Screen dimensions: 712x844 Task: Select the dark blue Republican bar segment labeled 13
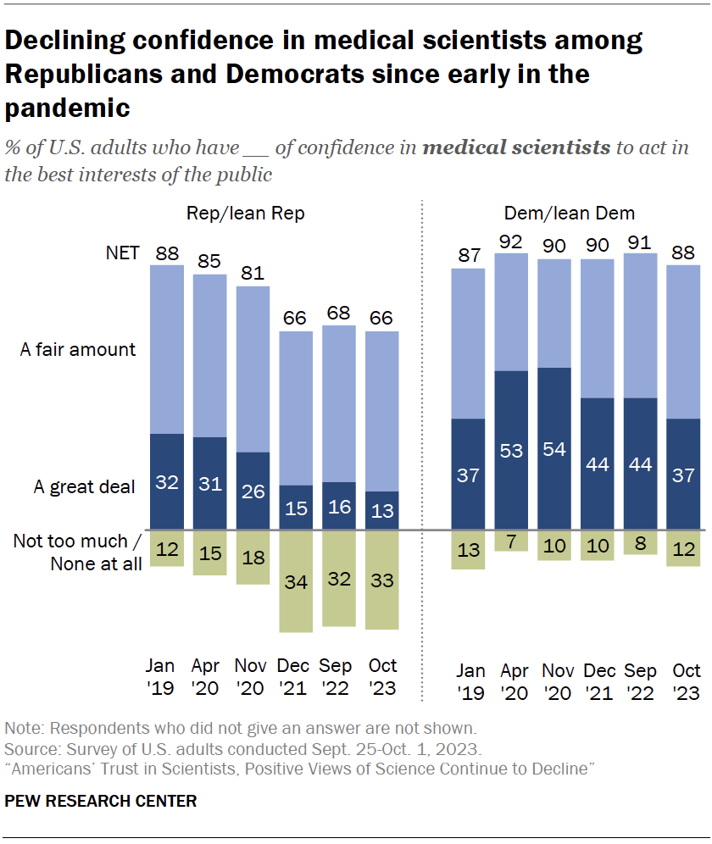point(381,510)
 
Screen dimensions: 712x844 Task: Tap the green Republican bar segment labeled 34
point(295,581)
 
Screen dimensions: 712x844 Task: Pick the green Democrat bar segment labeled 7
point(511,541)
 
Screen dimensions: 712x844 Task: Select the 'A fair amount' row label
point(79,350)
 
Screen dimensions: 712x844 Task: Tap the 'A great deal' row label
point(85,487)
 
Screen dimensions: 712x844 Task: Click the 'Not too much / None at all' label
point(78,552)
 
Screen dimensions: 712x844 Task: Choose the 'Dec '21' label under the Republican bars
point(295,677)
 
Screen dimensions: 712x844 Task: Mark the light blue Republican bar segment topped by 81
point(253,369)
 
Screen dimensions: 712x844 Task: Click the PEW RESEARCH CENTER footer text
point(101,801)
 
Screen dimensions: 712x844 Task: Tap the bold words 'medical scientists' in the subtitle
point(516,148)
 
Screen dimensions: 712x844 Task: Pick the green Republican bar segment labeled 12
point(167,548)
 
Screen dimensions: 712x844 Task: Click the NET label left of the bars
point(122,253)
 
